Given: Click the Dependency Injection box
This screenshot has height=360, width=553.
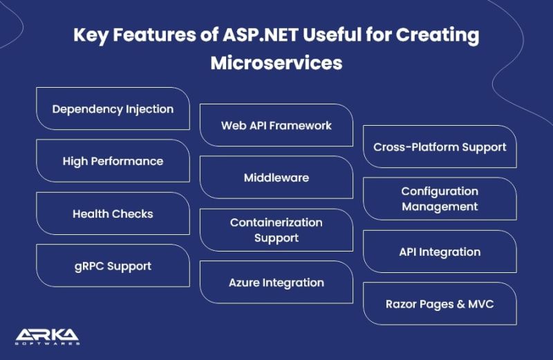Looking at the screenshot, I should coord(113,109).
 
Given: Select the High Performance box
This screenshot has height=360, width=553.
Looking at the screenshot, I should coord(113,161).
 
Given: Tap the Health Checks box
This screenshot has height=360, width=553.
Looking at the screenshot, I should coord(113,214).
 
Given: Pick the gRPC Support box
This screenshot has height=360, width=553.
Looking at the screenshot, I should coord(113,266).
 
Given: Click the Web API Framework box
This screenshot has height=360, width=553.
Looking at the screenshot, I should coord(276,126).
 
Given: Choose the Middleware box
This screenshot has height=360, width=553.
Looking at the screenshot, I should coord(276,178).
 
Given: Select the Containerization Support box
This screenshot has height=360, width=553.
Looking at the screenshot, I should coord(276,230).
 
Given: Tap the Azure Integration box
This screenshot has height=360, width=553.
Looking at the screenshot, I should coord(276,283).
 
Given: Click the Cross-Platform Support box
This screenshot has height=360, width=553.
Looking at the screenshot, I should coord(440,147).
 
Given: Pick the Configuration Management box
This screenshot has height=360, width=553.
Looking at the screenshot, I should coord(440,199).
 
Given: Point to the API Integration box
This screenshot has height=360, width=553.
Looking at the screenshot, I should coord(440,252).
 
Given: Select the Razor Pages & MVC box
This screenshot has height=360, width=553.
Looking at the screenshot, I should coord(440,304).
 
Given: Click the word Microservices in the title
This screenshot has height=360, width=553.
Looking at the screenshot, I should coord(276,63).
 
